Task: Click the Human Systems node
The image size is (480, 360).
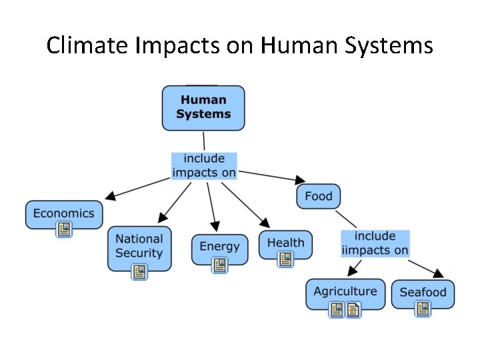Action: click(x=203, y=107)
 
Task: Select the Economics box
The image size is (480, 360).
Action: click(x=64, y=214)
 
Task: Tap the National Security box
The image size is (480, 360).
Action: click(x=139, y=246)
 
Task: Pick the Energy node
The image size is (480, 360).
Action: click(x=219, y=247)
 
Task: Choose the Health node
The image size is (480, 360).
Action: click(x=285, y=243)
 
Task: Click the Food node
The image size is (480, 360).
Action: click(x=318, y=196)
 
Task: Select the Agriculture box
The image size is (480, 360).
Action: click(x=345, y=291)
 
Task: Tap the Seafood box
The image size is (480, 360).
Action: click(x=423, y=292)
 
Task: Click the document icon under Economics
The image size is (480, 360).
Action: click(x=64, y=230)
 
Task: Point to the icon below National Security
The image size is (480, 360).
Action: click(x=139, y=271)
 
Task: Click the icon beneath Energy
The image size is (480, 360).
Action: click(x=219, y=265)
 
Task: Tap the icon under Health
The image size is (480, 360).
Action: click(x=285, y=259)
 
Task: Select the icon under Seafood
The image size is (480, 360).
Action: click(x=423, y=309)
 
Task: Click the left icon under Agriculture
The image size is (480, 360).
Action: click(x=337, y=309)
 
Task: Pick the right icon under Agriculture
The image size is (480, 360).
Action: click(x=353, y=309)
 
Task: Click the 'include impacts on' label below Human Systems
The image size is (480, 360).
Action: click(x=204, y=166)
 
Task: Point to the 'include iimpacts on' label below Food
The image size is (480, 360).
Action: click(x=375, y=243)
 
